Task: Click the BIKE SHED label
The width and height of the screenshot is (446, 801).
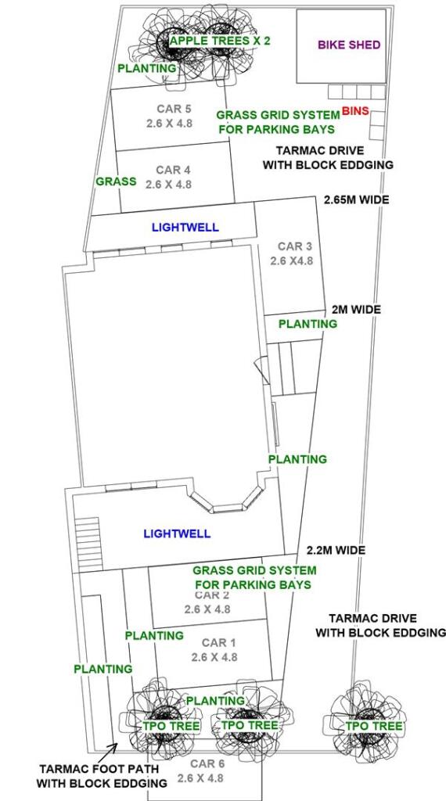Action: pos(349,45)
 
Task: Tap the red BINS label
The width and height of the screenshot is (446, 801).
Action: pos(355,112)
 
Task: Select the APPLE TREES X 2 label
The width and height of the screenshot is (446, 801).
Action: pos(220,40)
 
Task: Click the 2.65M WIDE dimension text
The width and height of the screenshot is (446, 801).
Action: pos(356,200)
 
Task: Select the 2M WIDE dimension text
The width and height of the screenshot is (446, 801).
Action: pos(356,310)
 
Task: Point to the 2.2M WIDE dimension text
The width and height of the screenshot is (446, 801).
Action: pos(336,550)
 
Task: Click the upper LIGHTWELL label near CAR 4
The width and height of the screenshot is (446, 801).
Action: pos(185,228)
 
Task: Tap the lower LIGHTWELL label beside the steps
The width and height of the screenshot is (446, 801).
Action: pos(177,533)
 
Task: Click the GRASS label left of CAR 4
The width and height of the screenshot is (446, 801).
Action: pos(116,181)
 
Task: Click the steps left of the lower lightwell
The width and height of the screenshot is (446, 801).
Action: pos(88,535)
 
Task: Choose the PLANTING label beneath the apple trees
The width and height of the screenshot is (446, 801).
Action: pos(147,69)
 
